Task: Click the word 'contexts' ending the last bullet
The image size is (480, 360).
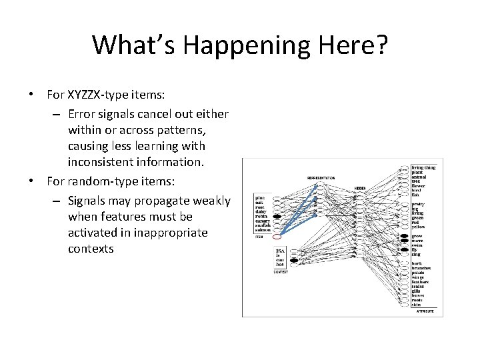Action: click(91, 249)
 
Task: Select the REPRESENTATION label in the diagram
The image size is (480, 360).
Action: click(321, 178)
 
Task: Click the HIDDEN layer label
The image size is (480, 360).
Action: click(360, 188)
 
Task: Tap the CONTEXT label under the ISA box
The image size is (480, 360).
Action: click(281, 272)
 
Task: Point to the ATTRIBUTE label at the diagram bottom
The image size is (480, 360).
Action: click(425, 311)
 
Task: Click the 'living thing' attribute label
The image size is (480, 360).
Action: click(423, 167)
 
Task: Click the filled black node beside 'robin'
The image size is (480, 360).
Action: click(277, 217)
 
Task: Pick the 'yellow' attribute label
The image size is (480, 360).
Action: click(419, 227)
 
